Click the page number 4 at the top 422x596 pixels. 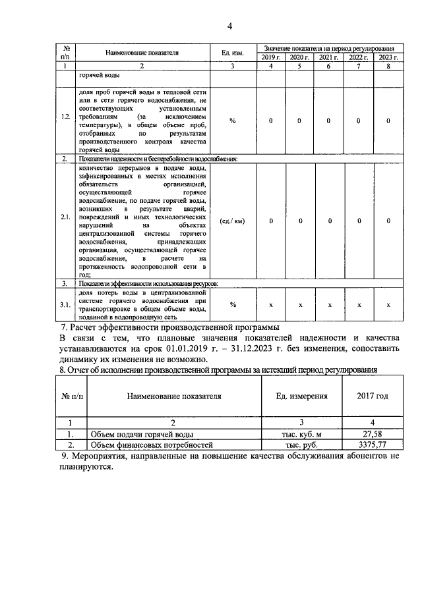click(229, 26)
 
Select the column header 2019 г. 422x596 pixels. click(271, 58)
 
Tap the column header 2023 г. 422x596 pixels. click(388, 58)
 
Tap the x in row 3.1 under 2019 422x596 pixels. click(271, 305)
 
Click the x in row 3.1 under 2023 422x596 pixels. click(388, 305)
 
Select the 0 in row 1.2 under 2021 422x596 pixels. click(329, 121)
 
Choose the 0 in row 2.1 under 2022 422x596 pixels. click(359, 221)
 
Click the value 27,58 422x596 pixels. click(373, 435)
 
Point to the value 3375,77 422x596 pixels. click(373, 445)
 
